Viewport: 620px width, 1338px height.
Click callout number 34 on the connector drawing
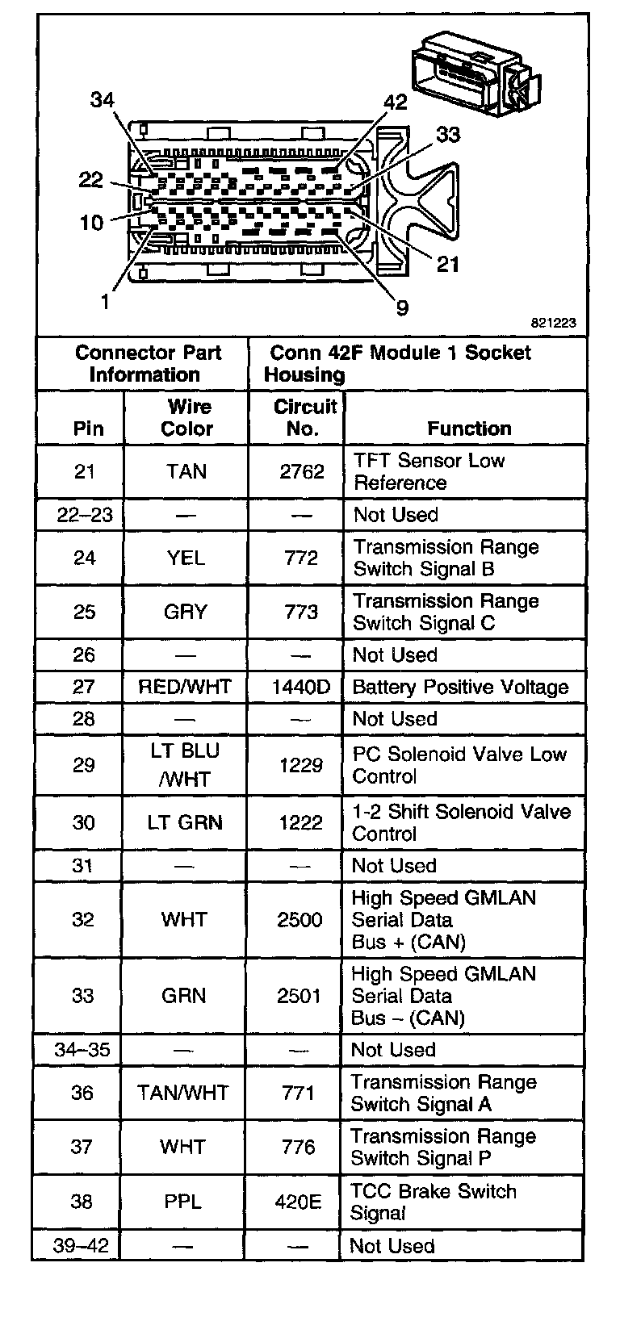pyautogui.click(x=103, y=100)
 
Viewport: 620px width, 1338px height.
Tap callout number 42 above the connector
pyautogui.click(x=395, y=102)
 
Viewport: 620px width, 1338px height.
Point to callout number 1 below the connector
pyautogui.click(x=105, y=301)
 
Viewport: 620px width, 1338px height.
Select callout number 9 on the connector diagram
pyautogui.click(x=402, y=307)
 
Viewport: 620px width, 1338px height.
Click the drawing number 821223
pyautogui.click(x=553, y=322)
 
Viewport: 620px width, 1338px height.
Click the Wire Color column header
pyautogui.click(x=187, y=417)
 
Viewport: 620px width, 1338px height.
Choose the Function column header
pyautogui.click(x=469, y=429)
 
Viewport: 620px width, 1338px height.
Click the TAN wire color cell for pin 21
pyautogui.click(x=186, y=471)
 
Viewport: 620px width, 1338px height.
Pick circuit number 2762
pyautogui.click(x=302, y=471)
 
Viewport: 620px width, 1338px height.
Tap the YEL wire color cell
pyautogui.click(x=186, y=558)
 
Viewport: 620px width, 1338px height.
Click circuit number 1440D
pyautogui.click(x=301, y=688)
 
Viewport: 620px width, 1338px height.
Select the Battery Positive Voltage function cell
pyautogui.click(x=460, y=688)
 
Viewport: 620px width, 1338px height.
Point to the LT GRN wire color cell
pyautogui.click(x=185, y=822)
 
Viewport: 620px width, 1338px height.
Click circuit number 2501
pyautogui.click(x=300, y=996)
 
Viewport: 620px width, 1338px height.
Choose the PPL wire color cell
pyautogui.click(x=183, y=1202)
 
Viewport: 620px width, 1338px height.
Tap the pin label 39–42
pyautogui.click(x=81, y=1245)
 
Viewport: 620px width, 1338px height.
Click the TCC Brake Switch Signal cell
pyautogui.click(x=434, y=1202)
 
